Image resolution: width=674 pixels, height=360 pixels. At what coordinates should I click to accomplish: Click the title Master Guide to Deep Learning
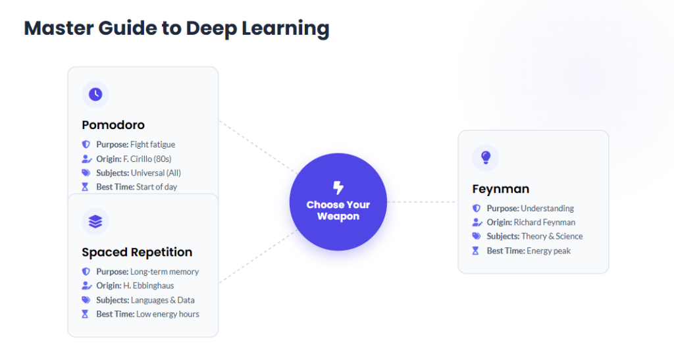pyautogui.click(x=176, y=28)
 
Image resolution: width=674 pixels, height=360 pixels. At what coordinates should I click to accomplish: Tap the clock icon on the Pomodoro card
pyautogui.click(x=95, y=94)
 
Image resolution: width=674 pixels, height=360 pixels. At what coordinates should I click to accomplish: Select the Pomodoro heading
pyautogui.click(x=113, y=125)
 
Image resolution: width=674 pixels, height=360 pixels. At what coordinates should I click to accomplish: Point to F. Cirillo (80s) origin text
pyautogui.click(x=147, y=159)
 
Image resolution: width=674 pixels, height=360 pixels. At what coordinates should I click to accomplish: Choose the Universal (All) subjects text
pyautogui.click(x=157, y=173)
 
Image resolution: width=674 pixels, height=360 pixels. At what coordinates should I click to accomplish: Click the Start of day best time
pyautogui.click(x=157, y=187)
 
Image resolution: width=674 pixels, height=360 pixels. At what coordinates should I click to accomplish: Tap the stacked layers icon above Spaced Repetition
pyautogui.click(x=95, y=222)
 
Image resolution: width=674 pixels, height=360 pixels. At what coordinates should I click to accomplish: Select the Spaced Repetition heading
pyautogui.click(x=137, y=252)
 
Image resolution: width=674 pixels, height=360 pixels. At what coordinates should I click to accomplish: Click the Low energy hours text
pyautogui.click(x=167, y=314)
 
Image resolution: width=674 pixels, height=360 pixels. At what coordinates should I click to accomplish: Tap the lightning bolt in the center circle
pyautogui.click(x=338, y=188)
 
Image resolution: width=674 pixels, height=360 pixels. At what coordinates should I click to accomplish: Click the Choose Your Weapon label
pyautogui.click(x=338, y=211)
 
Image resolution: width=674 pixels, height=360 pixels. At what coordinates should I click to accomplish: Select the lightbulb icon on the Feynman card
pyautogui.click(x=486, y=157)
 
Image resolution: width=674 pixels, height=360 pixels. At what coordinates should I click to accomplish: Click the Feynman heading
pyautogui.click(x=500, y=189)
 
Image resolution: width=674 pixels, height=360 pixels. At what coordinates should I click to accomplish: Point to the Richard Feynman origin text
pyautogui.click(x=544, y=222)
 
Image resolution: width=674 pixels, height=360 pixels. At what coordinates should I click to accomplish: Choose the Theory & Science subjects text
pyautogui.click(x=552, y=236)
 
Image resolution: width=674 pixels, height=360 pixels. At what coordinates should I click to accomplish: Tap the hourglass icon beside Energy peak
pyautogui.click(x=476, y=251)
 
